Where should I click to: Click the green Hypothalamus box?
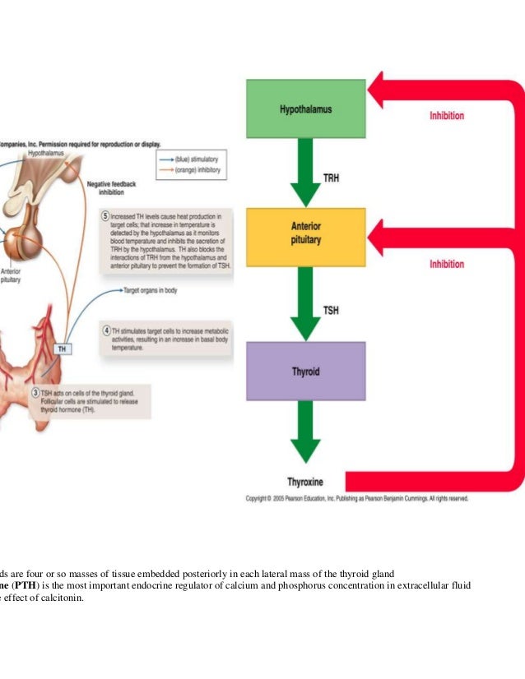pos(305,109)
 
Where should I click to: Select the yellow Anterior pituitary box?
pos(305,237)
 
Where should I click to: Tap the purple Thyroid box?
pos(305,371)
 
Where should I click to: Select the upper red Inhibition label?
pos(446,116)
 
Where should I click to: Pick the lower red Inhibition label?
pos(446,264)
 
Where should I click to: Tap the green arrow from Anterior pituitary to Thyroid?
pos(305,302)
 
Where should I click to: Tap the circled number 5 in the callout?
pos(105,216)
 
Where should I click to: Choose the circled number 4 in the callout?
pos(106,330)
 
